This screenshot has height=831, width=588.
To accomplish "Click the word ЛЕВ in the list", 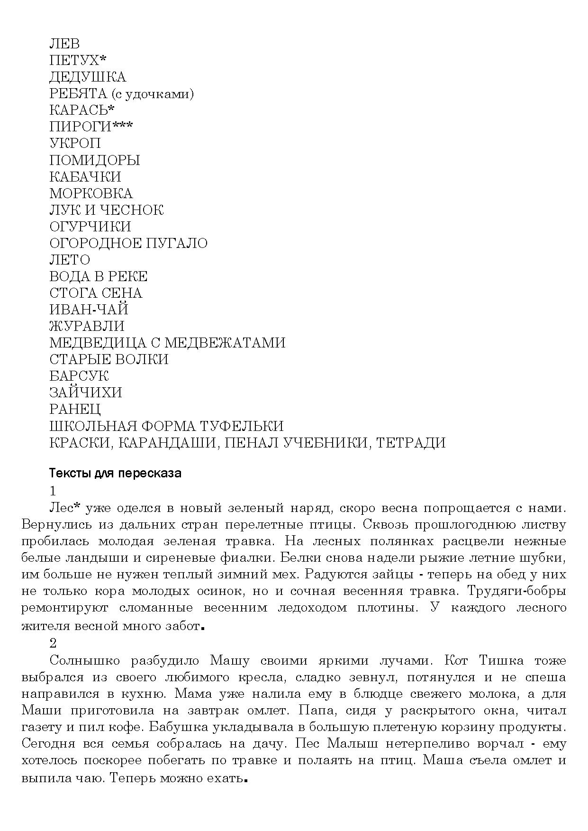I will click(x=64, y=44).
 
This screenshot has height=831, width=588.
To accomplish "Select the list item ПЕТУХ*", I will click(x=78, y=61).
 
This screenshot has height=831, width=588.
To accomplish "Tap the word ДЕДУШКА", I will click(x=88, y=77).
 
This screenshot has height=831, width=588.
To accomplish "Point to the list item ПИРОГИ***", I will click(x=91, y=127).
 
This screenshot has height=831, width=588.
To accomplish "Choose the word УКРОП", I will click(x=75, y=144).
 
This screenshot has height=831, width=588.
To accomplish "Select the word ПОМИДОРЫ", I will click(x=94, y=160).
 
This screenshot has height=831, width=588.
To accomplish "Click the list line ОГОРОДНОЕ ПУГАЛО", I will click(x=128, y=243).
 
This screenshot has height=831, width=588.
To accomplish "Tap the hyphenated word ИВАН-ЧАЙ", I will click(x=89, y=310).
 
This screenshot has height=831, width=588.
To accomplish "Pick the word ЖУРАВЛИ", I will click(x=87, y=326).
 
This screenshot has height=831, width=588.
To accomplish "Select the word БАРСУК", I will click(x=79, y=376).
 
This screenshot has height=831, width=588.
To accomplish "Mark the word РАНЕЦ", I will click(x=75, y=409).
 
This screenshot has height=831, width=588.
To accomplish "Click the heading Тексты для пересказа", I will click(x=115, y=473).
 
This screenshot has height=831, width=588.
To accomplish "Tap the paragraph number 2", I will click(x=53, y=643).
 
